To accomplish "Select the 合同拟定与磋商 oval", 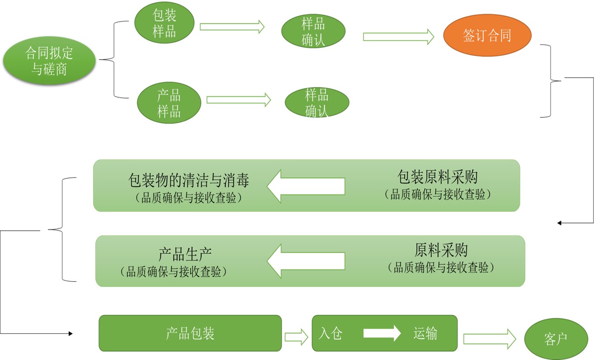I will coord(49,61).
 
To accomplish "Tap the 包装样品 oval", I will coord(165,24).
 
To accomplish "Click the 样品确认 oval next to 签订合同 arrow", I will coord(313,32).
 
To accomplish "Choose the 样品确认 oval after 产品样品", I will coord(316,103).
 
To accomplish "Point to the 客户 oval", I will coord(556,339).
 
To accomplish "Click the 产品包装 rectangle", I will coord(190,333).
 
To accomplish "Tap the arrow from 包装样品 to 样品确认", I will coord(232,27).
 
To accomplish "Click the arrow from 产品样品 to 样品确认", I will coord(239,100).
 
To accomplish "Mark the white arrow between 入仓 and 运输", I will coord(382,333).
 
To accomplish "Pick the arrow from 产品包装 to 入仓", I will coord(296,337).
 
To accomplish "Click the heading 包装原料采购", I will coord(438,176).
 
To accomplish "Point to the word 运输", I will coord(425,333).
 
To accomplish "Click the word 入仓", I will coord(330,333).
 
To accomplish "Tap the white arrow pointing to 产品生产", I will coord(306,261).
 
